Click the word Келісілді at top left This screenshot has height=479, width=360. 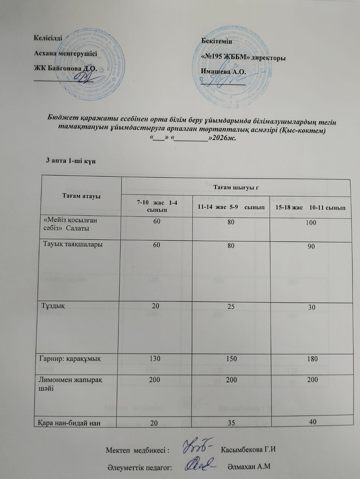pos(48,38)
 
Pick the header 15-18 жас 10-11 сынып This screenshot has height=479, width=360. pos(310,207)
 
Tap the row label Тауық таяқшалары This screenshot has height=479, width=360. pos(73,244)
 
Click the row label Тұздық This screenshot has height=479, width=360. pos(53,306)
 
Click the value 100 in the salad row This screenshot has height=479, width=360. pos(311,223)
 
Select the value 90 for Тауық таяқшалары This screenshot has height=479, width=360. pos(311,246)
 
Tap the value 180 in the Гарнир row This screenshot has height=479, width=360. pos(312,359)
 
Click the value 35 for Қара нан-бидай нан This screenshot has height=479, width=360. pos(231,423)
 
